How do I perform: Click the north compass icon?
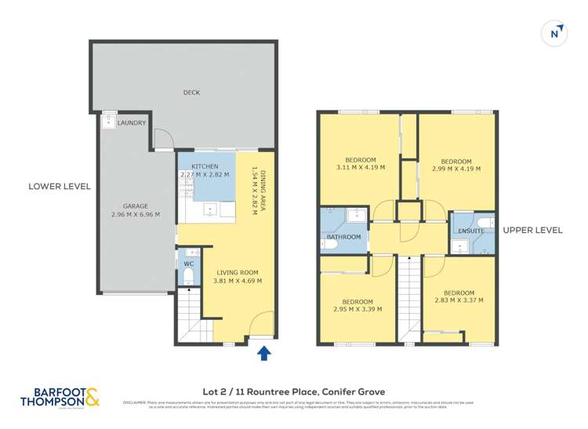pyautogui.click(x=555, y=33)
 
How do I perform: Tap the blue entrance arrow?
pyautogui.click(x=264, y=354)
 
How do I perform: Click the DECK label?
pyautogui.click(x=191, y=93)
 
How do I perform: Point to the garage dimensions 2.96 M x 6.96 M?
pyautogui.click(x=135, y=214)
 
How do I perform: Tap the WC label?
pyautogui.click(x=188, y=264)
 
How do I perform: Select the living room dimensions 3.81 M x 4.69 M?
pyautogui.click(x=238, y=280)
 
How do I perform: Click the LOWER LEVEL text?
pyautogui.click(x=60, y=187)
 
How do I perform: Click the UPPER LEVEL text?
pyautogui.click(x=532, y=230)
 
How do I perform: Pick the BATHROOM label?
pyautogui.click(x=343, y=237)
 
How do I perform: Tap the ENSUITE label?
pyautogui.click(x=471, y=232)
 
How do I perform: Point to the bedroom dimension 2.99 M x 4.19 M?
pyautogui.click(x=456, y=168)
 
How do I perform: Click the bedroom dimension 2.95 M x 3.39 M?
pyautogui.click(x=357, y=309)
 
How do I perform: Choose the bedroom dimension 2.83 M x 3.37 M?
pyautogui.click(x=458, y=300)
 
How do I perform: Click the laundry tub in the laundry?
pyautogui.click(x=107, y=122)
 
